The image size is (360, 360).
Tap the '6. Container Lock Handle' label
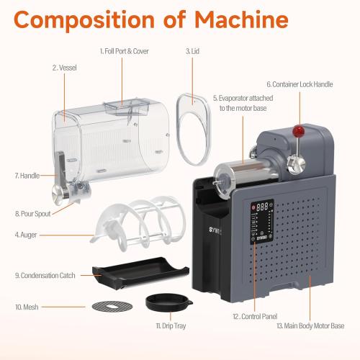click(300, 84)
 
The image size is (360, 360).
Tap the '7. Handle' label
click(27, 175)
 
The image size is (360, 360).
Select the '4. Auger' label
click(27, 235)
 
